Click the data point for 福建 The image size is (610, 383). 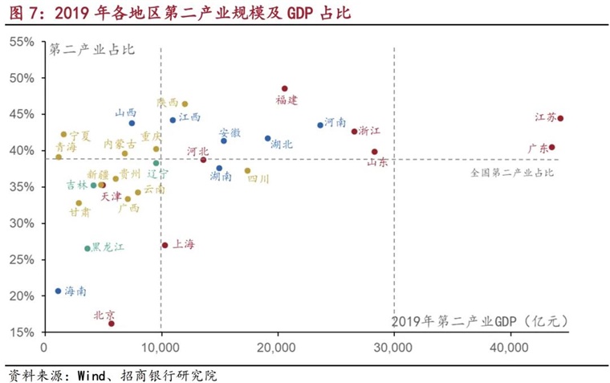click(x=284, y=89)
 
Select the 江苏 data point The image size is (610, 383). click(x=560, y=118)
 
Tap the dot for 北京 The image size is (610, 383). click(x=112, y=324)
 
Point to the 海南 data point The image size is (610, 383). click(x=58, y=291)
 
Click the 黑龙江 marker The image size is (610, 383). click(x=87, y=249)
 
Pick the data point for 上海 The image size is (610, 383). click(x=165, y=245)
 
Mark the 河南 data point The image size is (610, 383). click(x=320, y=125)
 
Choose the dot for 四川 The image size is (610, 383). click(x=247, y=170)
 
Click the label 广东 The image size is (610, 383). click(x=538, y=148)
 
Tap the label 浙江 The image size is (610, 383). click(x=369, y=130)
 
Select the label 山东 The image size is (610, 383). click(x=377, y=162)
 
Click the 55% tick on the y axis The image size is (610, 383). click(x=22, y=42)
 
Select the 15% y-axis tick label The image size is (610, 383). click(x=22, y=332)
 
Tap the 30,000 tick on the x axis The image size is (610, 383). click(x=393, y=348)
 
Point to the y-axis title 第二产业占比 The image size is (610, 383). click(x=91, y=49)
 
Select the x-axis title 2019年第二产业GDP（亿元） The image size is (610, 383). click(x=480, y=321)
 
